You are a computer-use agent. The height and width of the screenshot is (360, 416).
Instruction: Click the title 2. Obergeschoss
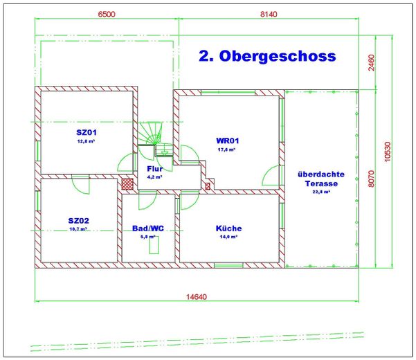[267, 56]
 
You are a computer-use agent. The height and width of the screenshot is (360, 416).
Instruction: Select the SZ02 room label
[79, 220]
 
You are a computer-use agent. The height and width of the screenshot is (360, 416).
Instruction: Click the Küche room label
[228, 228]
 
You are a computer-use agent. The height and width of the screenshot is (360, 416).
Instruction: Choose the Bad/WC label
[149, 228]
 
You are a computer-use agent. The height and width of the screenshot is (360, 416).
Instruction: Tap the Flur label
[154, 168]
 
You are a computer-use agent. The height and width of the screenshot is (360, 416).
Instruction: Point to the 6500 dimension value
[107, 14]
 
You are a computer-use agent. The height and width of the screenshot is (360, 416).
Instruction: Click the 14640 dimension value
[197, 296]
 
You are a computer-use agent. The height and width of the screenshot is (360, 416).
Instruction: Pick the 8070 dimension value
[371, 179]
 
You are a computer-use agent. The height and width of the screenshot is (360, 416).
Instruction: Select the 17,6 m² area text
[227, 149]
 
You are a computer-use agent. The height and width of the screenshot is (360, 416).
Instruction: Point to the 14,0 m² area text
[228, 237]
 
